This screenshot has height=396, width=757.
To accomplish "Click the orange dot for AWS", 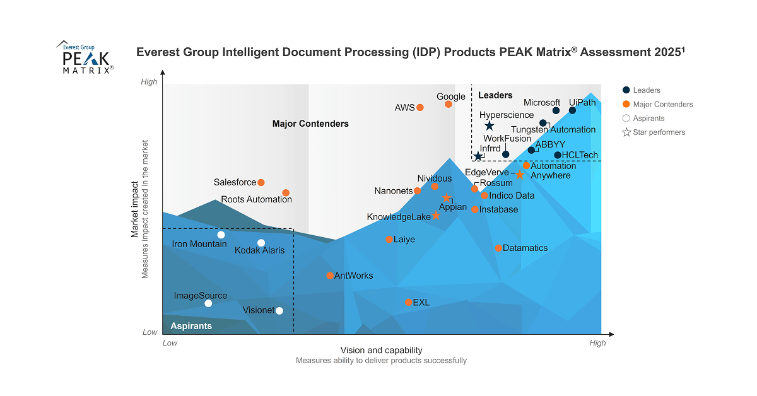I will (x=420, y=108).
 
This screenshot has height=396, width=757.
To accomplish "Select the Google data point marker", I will (x=449, y=104).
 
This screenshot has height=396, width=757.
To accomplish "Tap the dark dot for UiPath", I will (x=572, y=110).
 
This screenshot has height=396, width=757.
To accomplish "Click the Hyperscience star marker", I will (x=489, y=126).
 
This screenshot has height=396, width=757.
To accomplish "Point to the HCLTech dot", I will (x=558, y=155).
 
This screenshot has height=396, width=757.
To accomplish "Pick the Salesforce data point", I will (x=261, y=182).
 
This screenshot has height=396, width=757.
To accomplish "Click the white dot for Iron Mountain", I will (x=221, y=235).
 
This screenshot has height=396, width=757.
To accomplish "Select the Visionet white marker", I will (x=279, y=310).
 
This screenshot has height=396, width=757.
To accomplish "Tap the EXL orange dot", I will (x=408, y=303).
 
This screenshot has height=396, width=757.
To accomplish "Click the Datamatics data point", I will (x=498, y=248).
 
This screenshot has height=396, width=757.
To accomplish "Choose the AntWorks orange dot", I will (x=330, y=276).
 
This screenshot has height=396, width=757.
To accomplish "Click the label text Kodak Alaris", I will (x=259, y=250).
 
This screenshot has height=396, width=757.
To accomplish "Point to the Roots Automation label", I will (x=256, y=200).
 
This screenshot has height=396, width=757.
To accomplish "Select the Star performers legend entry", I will (x=659, y=132).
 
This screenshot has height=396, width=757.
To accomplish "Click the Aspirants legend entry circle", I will (x=626, y=119).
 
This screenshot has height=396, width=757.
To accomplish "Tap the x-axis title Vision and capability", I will (x=381, y=351).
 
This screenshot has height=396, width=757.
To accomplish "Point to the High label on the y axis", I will (x=149, y=82).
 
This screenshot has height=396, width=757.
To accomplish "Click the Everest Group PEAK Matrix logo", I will (x=86, y=58).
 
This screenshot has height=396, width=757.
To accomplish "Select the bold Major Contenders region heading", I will (x=310, y=124).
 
